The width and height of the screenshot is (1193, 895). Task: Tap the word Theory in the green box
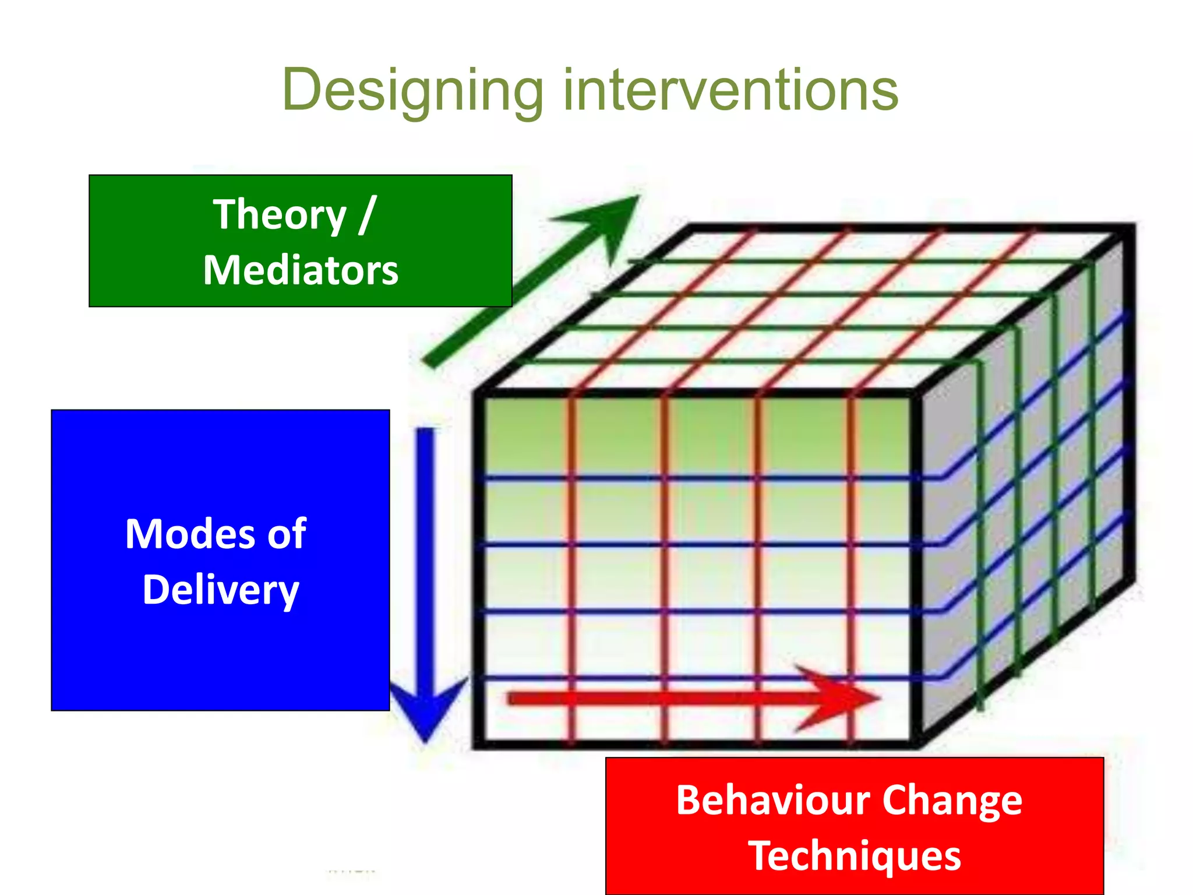coord(280,214)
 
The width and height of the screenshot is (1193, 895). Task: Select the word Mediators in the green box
coord(301,270)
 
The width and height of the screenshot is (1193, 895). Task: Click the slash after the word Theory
coord(368,214)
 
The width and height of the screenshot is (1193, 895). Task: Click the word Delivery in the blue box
coord(221,590)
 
